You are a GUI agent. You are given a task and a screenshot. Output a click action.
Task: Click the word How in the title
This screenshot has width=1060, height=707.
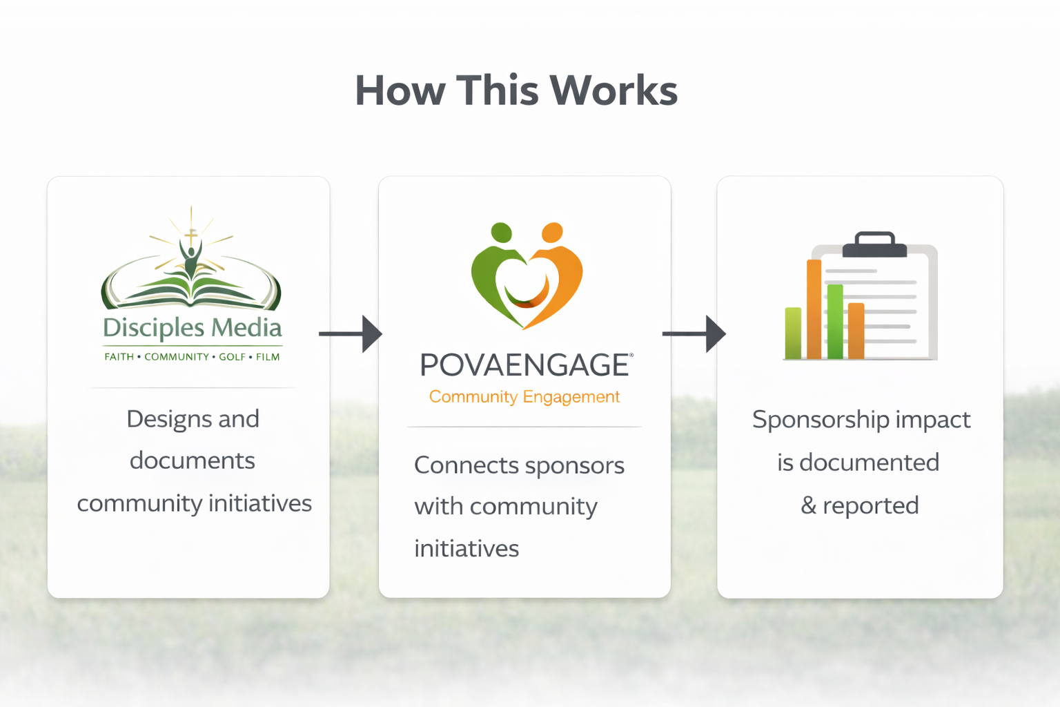tap(400, 90)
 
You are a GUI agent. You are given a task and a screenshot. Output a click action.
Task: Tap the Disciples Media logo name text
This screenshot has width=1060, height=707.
tap(193, 327)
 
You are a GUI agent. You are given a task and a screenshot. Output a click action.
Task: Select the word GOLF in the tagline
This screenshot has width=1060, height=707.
tap(232, 357)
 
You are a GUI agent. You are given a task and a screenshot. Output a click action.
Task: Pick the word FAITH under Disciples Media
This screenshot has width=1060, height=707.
tap(119, 357)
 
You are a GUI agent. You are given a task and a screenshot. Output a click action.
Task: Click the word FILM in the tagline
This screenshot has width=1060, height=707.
tap(268, 357)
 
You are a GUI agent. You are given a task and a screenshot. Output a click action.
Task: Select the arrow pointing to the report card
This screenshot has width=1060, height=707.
tap(694, 333)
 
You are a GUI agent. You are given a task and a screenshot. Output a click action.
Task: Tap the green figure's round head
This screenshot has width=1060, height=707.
tap(501, 233)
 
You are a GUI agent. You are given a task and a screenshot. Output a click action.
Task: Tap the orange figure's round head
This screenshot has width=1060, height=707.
tap(552, 233)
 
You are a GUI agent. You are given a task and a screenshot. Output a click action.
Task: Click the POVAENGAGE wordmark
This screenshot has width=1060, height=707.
tap(525, 365)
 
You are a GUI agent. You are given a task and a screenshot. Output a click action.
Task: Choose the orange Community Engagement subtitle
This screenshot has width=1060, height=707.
tap(524, 397)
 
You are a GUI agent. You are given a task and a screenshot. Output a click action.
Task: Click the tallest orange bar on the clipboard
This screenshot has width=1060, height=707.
tap(814, 309)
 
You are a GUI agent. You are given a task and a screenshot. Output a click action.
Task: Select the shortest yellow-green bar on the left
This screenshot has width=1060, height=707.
tap(793, 333)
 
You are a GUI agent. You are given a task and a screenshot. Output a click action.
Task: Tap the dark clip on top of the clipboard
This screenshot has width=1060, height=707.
tap(874, 244)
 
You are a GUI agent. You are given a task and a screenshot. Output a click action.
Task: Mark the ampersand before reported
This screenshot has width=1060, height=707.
tap(808, 506)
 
